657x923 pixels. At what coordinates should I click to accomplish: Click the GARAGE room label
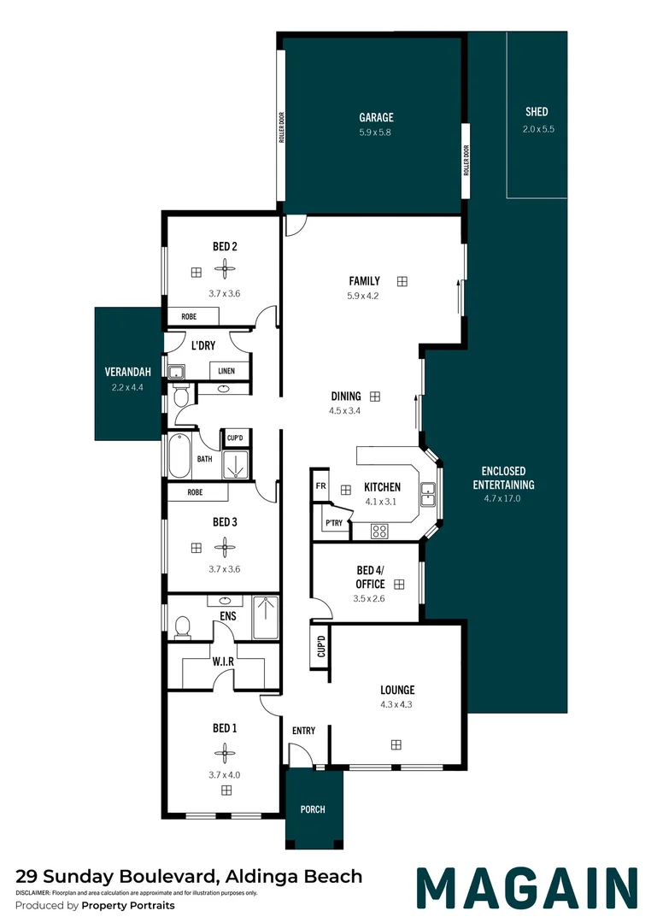[x=376, y=118]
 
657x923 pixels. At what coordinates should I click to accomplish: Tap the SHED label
[x=537, y=112]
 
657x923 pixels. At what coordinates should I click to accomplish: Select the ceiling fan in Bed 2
[x=225, y=271]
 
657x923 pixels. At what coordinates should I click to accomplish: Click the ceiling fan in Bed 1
[x=225, y=753]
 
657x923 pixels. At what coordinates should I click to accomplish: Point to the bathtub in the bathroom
[x=180, y=458]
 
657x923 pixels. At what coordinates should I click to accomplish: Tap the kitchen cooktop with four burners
[x=379, y=531]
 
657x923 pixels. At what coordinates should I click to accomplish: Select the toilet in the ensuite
[x=180, y=628]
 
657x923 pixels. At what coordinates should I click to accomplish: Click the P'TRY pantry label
[x=332, y=523]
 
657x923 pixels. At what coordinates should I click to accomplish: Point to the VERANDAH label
[x=127, y=373]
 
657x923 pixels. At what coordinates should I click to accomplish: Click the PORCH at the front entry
[x=313, y=809]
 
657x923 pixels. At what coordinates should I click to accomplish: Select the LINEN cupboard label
[x=226, y=371]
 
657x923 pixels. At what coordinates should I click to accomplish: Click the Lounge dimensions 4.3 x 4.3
[x=397, y=705]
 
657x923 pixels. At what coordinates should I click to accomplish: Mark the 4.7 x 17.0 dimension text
[x=502, y=497]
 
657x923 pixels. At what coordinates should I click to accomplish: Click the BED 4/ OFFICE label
[x=370, y=578]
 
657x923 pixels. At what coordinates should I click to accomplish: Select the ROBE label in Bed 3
[x=196, y=492]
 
